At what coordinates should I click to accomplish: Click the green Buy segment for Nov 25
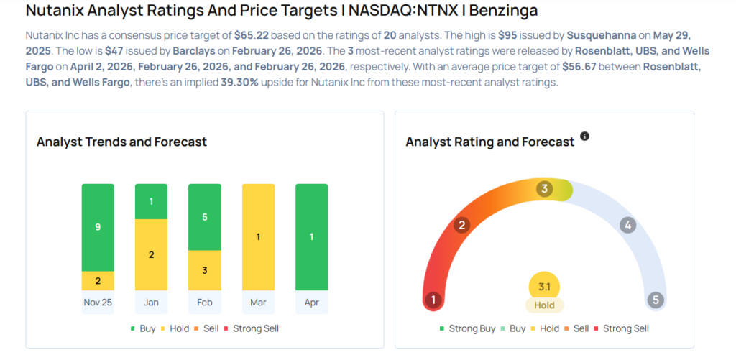(x=98, y=227)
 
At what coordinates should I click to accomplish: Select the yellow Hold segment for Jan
(x=151, y=255)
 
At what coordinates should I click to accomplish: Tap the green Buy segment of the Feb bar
(x=204, y=217)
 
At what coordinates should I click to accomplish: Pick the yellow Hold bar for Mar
(x=257, y=237)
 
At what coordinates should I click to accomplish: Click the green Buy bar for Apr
(x=311, y=237)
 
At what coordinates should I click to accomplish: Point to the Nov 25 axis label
(x=98, y=303)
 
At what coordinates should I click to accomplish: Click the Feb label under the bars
(x=204, y=303)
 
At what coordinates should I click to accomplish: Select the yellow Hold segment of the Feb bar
(x=204, y=270)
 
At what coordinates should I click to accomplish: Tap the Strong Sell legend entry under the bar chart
(x=252, y=328)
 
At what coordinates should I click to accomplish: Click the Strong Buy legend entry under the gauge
(x=467, y=328)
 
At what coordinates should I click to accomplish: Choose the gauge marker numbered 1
(x=433, y=300)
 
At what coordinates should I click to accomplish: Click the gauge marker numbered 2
(x=462, y=226)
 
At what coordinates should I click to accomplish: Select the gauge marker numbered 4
(x=627, y=226)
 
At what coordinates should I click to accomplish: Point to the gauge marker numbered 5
(x=655, y=300)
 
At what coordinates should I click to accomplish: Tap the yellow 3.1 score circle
(x=544, y=287)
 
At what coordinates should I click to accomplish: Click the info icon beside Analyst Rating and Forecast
(x=584, y=137)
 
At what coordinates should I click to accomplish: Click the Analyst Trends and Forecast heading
(x=121, y=142)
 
